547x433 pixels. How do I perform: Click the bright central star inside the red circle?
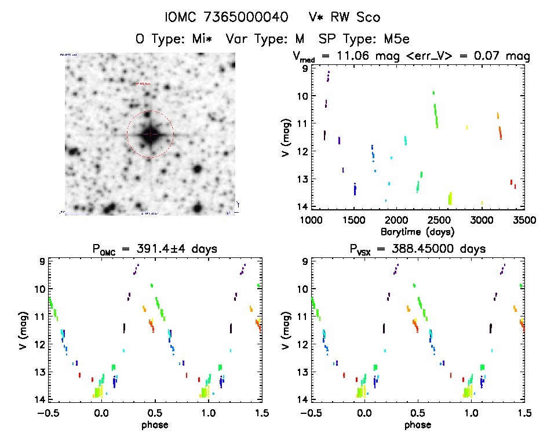point(150,134)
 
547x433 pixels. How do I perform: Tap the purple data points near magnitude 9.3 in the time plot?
point(328,77)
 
